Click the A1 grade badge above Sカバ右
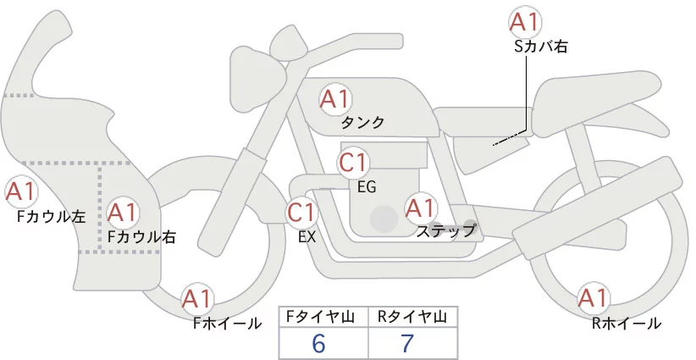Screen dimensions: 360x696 (525, 23)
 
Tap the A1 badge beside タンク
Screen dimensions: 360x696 (334, 99)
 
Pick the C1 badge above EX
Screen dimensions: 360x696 (301, 213)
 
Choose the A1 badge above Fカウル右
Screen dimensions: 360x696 (124, 213)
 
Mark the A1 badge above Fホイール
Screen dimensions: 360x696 (197, 299)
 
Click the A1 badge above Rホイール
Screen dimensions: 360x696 (592, 299)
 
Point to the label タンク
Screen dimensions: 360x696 (362, 123)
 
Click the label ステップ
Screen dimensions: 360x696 (445, 230)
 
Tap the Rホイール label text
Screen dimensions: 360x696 (627, 323)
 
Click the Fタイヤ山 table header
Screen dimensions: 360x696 (324, 317)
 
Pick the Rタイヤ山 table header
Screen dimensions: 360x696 (412, 317)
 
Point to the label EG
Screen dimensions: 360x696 (367, 187)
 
